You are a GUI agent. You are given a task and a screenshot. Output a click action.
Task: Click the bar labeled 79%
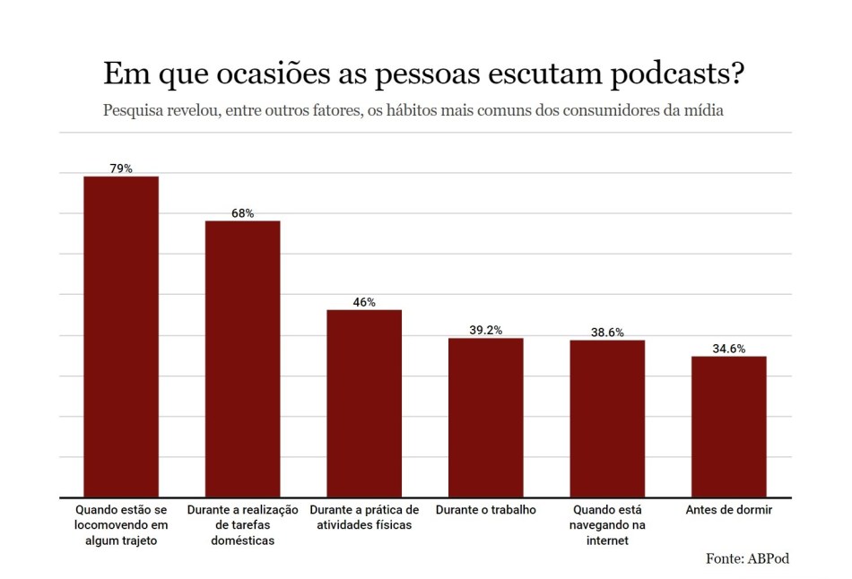pos(121,336)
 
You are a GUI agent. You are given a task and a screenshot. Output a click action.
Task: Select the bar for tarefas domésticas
pos(242,359)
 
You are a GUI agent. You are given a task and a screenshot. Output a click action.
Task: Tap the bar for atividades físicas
pos(364,403)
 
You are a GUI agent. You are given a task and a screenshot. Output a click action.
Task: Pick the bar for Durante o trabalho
pos(485,417)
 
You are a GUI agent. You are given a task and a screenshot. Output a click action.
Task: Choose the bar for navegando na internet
pos(607,419)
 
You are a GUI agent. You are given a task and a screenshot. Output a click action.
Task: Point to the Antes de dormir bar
pos(728,427)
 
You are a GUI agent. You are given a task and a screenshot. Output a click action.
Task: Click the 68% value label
pos(242,213)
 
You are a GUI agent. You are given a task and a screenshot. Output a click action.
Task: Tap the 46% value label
pos(364,302)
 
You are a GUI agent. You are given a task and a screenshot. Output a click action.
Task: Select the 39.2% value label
pos(485,330)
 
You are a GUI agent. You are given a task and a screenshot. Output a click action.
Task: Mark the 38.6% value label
pos(607,333)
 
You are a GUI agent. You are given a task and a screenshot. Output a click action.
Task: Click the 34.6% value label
pos(728,349)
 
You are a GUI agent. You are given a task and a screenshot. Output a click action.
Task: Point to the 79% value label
pos(121,169)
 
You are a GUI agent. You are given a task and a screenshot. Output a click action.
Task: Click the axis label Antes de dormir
pos(728,510)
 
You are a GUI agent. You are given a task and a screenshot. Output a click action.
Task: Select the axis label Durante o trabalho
pos(485,510)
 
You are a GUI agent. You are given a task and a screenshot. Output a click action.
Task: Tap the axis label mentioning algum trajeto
pos(121,524)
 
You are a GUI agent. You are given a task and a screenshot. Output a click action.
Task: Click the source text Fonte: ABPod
pos(747,558)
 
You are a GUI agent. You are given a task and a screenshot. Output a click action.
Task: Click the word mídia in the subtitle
pos(703,111)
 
